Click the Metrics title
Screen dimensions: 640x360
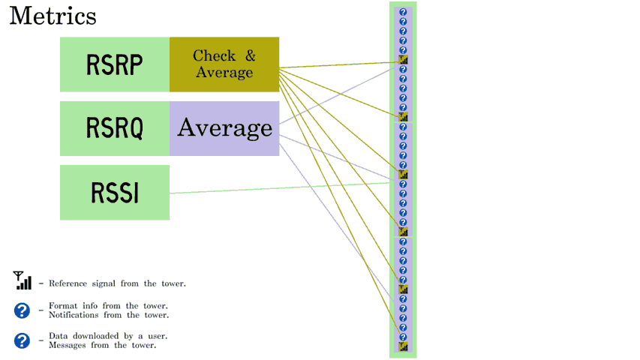[53, 16]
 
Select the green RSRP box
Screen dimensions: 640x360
[115, 64]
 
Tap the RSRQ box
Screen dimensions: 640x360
[115, 128]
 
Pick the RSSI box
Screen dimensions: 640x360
[115, 193]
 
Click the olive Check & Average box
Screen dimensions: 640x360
[224, 64]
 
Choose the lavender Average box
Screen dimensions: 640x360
[224, 128]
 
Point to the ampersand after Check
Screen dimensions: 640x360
[250, 55]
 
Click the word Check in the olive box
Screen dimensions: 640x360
[215, 55]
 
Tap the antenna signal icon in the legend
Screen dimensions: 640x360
[22, 280]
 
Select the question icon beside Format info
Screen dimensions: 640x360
[22, 310]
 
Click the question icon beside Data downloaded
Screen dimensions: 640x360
[22, 340]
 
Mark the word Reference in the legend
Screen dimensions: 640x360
[68, 283]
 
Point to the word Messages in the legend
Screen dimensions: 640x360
[68, 345]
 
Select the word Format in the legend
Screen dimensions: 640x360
[63, 306]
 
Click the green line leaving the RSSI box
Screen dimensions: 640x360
[280, 187]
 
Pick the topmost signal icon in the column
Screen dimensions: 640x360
[403, 60]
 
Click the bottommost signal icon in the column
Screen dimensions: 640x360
[403, 347]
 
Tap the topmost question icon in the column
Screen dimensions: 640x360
[403, 12]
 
